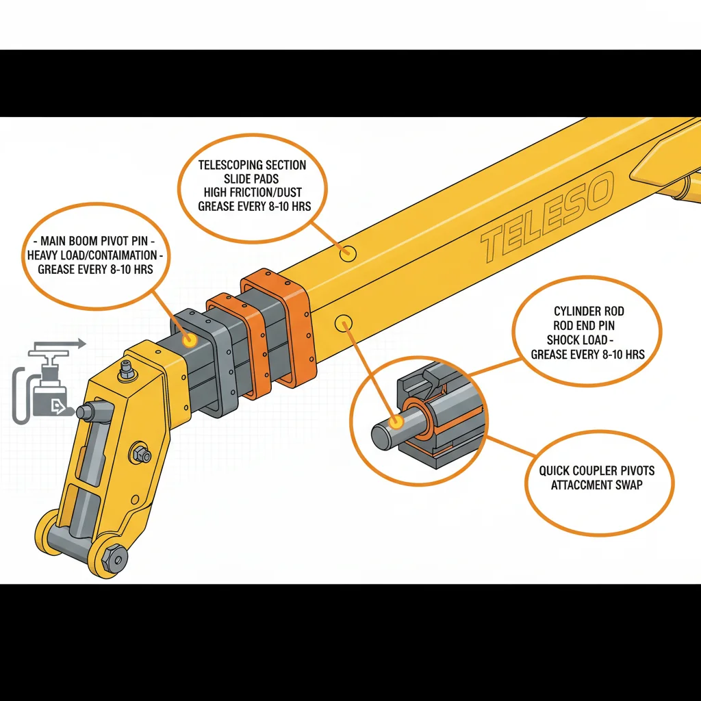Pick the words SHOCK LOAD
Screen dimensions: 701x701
pyautogui.click(x=576, y=340)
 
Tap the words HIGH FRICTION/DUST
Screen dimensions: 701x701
pyautogui.click(x=253, y=192)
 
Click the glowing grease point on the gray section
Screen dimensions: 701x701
pyautogui.click(x=190, y=340)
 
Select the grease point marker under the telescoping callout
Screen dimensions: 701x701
pyautogui.click(x=347, y=253)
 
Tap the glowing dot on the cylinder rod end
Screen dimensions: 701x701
pyautogui.click(x=396, y=422)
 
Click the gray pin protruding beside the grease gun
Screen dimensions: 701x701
pyautogui.click(x=94, y=411)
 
